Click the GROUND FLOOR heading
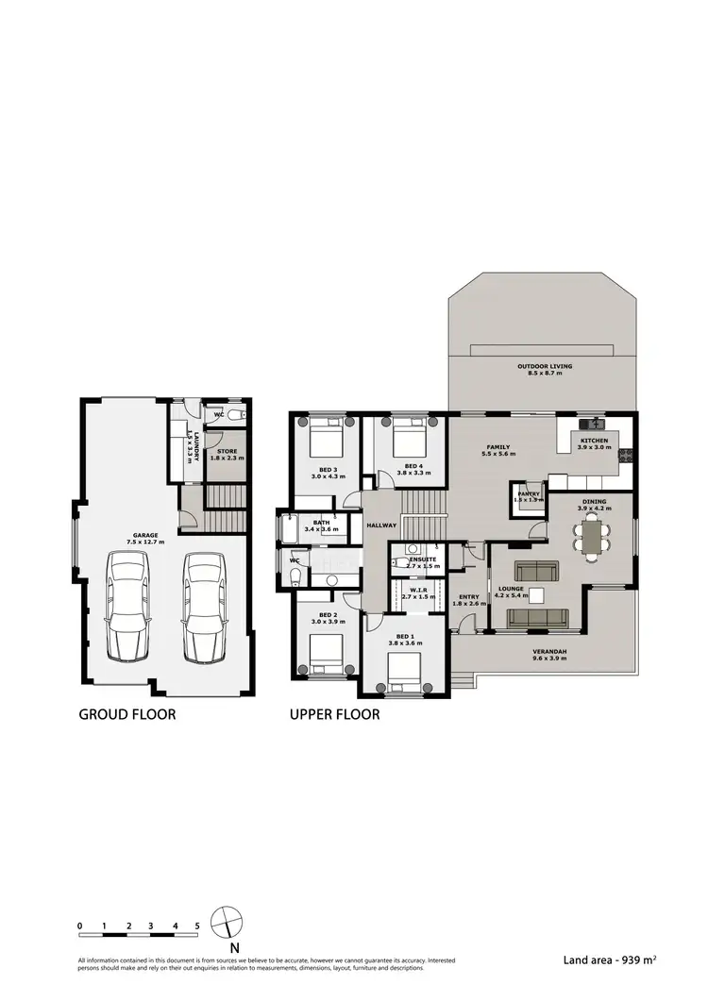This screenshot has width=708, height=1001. click(x=126, y=714)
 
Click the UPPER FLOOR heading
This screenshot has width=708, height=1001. click(x=334, y=714)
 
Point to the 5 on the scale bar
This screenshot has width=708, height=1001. click(x=197, y=926)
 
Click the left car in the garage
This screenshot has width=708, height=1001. click(x=127, y=605)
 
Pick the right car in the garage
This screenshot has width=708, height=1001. click(x=204, y=605)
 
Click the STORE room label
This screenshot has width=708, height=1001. click(x=227, y=453)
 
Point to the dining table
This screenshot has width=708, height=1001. click(x=593, y=538)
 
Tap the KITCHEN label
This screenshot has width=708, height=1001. click(x=594, y=442)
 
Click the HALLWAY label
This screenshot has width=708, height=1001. click(x=382, y=525)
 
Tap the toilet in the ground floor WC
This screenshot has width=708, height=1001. click(x=237, y=414)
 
